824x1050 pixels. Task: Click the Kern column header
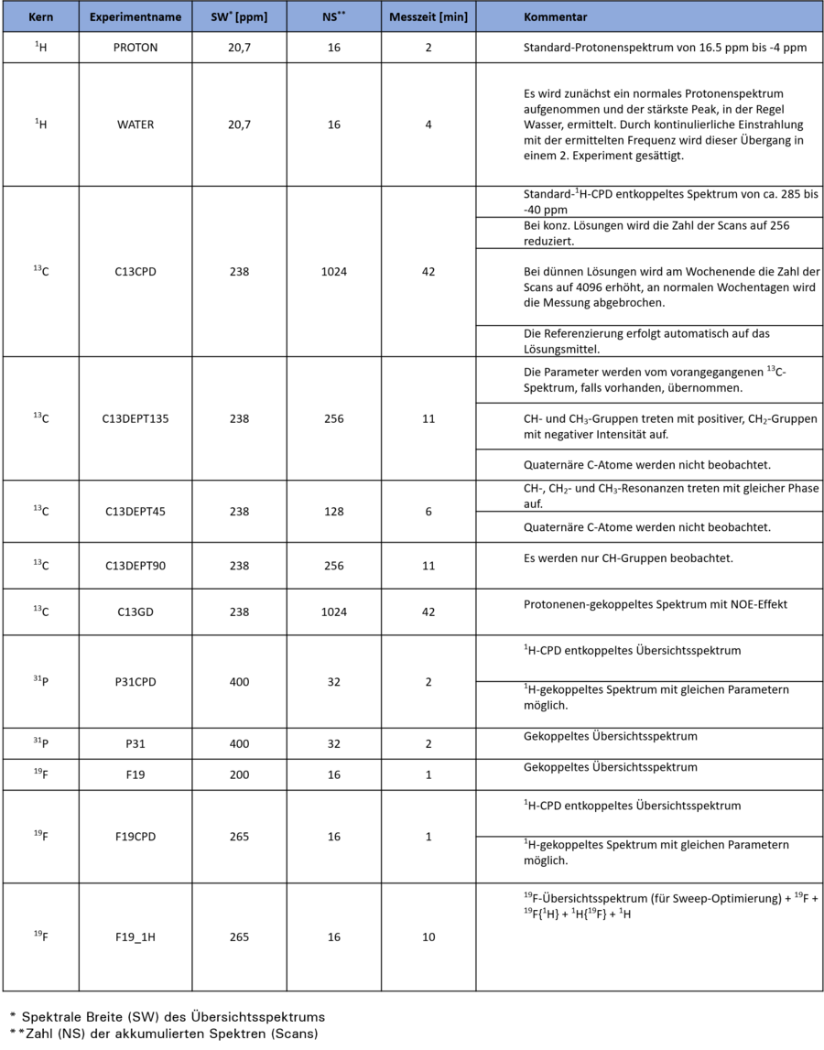[40, 17]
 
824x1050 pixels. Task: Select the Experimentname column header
[136, 17]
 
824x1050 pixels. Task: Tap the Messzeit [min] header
[428, 17]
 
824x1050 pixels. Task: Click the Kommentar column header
[555, 17]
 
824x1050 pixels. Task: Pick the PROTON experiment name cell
[136, 48]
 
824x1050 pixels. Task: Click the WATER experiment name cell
[136, 124]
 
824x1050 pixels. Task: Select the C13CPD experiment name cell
[136, 272]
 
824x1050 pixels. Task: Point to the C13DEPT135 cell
[136, 419]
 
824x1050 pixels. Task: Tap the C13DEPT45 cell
[136, 512]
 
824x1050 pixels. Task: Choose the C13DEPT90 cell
[136, 566]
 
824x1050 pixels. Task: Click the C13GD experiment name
[136, 612]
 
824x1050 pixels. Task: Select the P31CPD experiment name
[136, 682]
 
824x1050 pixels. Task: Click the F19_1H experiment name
[136, 937]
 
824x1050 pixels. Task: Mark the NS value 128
[333, 512]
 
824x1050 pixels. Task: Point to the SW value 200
[239, 774]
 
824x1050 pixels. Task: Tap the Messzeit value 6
[428, 512]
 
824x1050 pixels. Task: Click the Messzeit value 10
[428, 937]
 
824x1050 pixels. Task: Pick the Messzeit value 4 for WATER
[428, 124]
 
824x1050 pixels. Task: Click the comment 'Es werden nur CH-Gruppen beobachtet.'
[628, 558]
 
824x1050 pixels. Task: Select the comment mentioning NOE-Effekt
[655, 604]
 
